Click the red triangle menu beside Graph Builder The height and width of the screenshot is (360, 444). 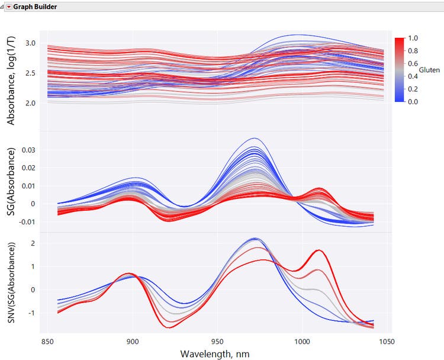click(9, 6)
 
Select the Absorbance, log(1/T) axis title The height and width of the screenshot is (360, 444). click(11, 81)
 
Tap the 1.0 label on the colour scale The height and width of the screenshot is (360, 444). click(413, 38)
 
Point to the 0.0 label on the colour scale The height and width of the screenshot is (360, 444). click(413, 102)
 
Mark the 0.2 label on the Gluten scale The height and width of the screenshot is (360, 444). click(413, 89)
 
